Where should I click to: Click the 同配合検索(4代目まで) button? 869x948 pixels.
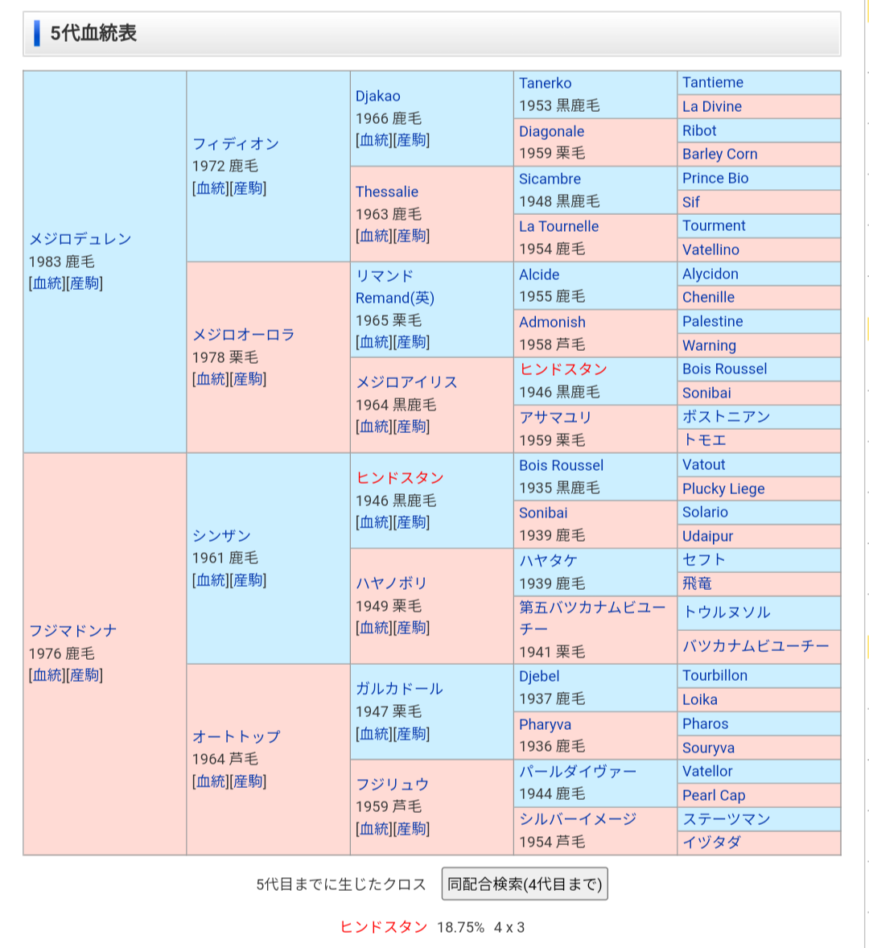click(525, 884)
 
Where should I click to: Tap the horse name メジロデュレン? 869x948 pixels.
click(80, 239)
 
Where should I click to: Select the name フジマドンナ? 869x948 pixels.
click(72, 631)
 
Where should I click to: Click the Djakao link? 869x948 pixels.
click(377, 97)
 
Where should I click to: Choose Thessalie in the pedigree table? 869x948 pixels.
click(386, 192)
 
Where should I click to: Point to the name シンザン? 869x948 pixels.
click(221, 536)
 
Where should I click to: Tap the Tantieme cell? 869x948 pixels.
click(712, 83)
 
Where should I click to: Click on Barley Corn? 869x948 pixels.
click(719, 155)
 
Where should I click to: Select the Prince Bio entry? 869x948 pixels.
click(715, 179)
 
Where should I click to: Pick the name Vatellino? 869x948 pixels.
click(710, 250)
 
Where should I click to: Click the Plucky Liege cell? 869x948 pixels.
click(723, 489)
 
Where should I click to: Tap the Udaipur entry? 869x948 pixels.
click(707, 537)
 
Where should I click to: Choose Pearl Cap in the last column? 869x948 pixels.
click(713, 796)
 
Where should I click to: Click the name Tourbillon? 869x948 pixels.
click(715, 676)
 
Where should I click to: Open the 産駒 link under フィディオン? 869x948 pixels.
click(247, 188)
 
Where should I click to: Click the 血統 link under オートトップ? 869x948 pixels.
click(210, 781)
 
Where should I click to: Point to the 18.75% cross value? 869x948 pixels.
click(460, 928)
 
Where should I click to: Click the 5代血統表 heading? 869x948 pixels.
click(93, 34)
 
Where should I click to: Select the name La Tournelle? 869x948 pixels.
click(558, 227)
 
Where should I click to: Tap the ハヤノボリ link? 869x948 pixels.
click(391, 583)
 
